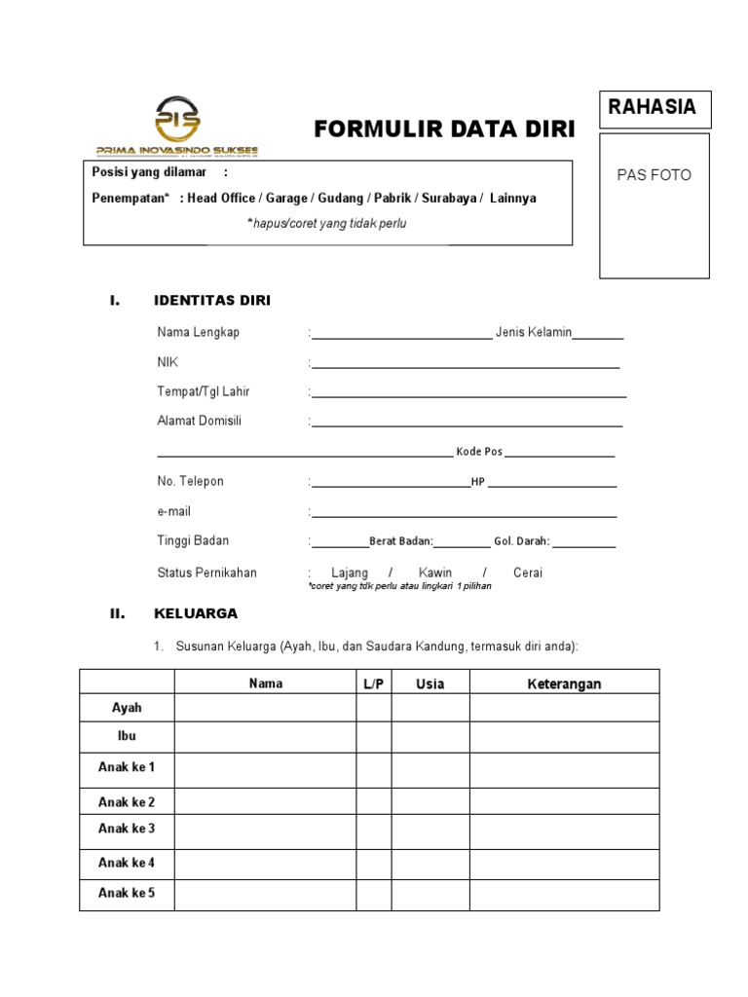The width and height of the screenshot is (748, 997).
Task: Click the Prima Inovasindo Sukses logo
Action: click(x=177, y=126)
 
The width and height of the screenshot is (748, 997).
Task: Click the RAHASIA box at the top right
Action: click(x=654, y=108)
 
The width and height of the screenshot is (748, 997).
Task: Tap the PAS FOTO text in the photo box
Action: click(x=654, y=175)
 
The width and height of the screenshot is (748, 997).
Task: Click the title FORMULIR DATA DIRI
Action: click(x=444, y=129)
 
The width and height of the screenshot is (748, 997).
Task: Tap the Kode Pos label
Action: click(x=479, y=452)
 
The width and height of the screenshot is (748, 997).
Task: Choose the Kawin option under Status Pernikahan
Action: click(x=435, y=572)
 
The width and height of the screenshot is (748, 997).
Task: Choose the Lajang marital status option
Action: click(x=350, y=572)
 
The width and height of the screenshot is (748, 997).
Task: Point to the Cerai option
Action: click(x=528, y=572)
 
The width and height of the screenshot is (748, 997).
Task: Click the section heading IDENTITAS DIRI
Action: click(x=212, y=301)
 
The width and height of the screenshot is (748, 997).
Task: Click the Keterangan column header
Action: click(x=564, y=683)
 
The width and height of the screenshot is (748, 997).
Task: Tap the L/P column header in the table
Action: click(x=374, y=683)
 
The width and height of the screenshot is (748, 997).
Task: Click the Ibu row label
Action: click(x=127, y=736)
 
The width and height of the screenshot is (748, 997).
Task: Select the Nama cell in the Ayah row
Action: click(x=265, y=708)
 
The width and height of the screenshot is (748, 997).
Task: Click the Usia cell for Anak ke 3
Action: click(x=430, y=831)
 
